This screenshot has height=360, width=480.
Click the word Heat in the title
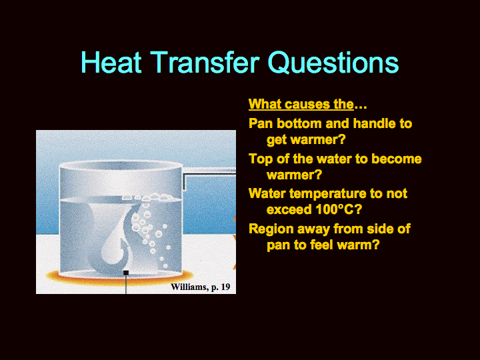point(111,62)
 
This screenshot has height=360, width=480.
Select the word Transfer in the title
point(205,62)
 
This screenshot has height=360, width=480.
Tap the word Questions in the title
point(333,62)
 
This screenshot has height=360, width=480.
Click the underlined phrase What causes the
point(301,104)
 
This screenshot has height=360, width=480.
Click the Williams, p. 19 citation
point(201,287)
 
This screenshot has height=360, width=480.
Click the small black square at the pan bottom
point(126,273)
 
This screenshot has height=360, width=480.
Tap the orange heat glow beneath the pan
point(120,279)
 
